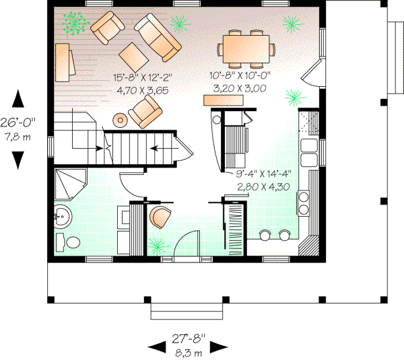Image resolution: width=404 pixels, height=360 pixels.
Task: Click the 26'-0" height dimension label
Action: coord(20,122)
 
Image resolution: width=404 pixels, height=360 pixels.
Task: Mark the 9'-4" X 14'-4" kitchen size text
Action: coord(263,173)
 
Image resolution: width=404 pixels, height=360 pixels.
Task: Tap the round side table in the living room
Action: coord(120,120)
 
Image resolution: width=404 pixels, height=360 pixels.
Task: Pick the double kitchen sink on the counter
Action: coord(309,152)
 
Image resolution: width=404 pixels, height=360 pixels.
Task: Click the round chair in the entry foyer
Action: coord(161,218)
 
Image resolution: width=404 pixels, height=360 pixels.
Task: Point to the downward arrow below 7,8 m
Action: coord(19,159)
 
